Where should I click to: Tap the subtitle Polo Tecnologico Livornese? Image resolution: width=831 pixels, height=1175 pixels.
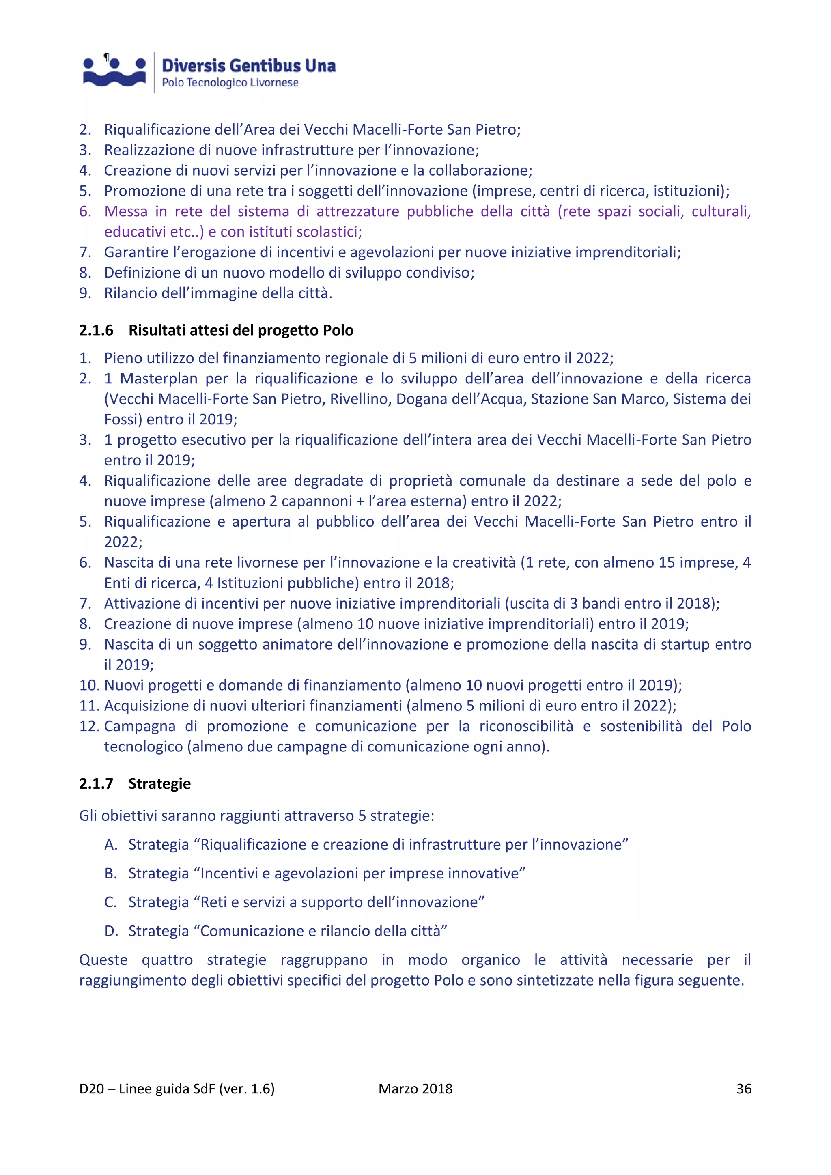point(230,83)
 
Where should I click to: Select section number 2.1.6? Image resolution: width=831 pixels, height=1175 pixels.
point(96,331)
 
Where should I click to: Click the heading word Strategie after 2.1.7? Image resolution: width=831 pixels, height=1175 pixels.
point(159,784)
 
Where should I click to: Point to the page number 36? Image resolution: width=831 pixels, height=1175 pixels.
point(743,1089)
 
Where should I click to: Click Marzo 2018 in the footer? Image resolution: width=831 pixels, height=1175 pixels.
point(415,1089)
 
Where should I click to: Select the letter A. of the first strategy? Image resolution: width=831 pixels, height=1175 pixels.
point(111,845)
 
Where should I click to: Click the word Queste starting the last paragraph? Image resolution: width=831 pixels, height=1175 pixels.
point(103,960)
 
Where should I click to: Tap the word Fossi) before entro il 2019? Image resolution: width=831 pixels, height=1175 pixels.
point(123,420)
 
